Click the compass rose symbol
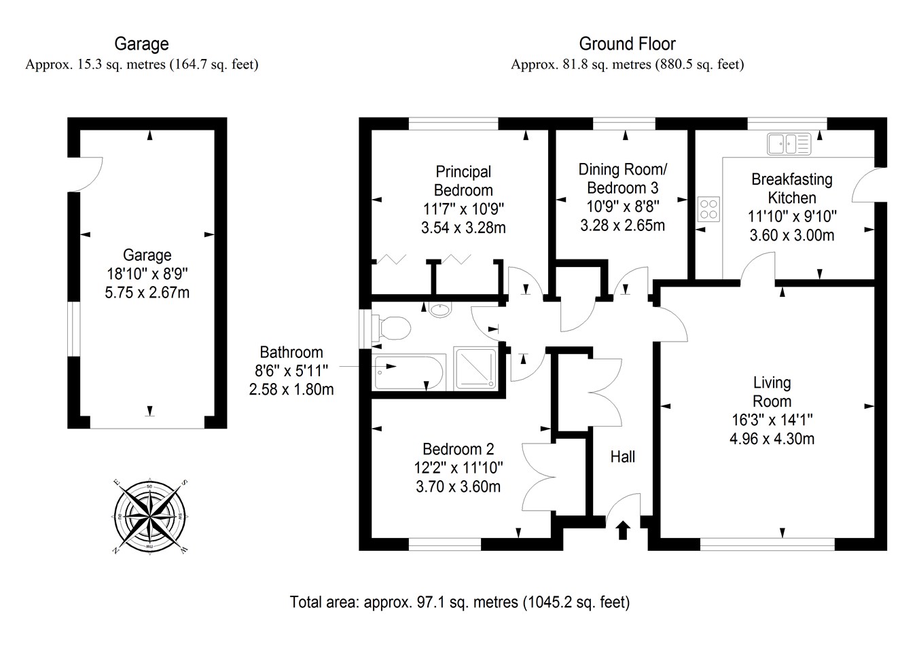click(149, 516)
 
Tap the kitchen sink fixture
click(789, 143)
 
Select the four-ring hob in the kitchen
click(708, 209)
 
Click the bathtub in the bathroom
click(408, 372)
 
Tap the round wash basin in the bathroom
click(440, 310)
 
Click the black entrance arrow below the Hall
click(622, 529)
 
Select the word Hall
click(622, 456)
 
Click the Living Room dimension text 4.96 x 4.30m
click(772, 439)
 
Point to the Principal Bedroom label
click(463, 181)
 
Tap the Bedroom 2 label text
click(458, 449)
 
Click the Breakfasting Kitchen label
click(791, 188)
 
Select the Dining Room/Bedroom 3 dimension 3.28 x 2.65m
click(622, 225)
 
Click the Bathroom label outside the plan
click(291, 353)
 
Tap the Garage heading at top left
click(141, 44)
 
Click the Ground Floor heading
click(627, 44)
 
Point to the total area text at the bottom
click(460, 602)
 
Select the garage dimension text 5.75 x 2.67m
click(147, 293)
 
